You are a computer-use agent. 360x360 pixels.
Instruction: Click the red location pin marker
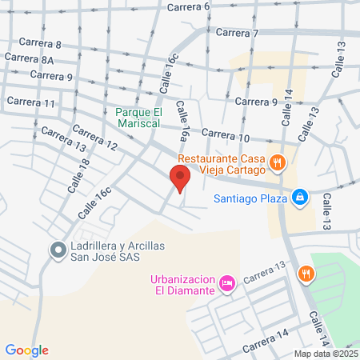[179, 179]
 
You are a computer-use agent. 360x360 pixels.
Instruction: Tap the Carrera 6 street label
[190, 6]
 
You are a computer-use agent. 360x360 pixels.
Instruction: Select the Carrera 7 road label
[238, 33]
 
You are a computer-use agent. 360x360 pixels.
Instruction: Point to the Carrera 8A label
[29, 59]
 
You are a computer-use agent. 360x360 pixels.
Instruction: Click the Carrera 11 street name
[30, 102]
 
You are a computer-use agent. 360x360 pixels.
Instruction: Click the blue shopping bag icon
[300, 196]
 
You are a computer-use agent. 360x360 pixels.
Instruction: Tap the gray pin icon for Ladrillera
[58, 250]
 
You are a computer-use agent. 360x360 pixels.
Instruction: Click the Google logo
[27, 350]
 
